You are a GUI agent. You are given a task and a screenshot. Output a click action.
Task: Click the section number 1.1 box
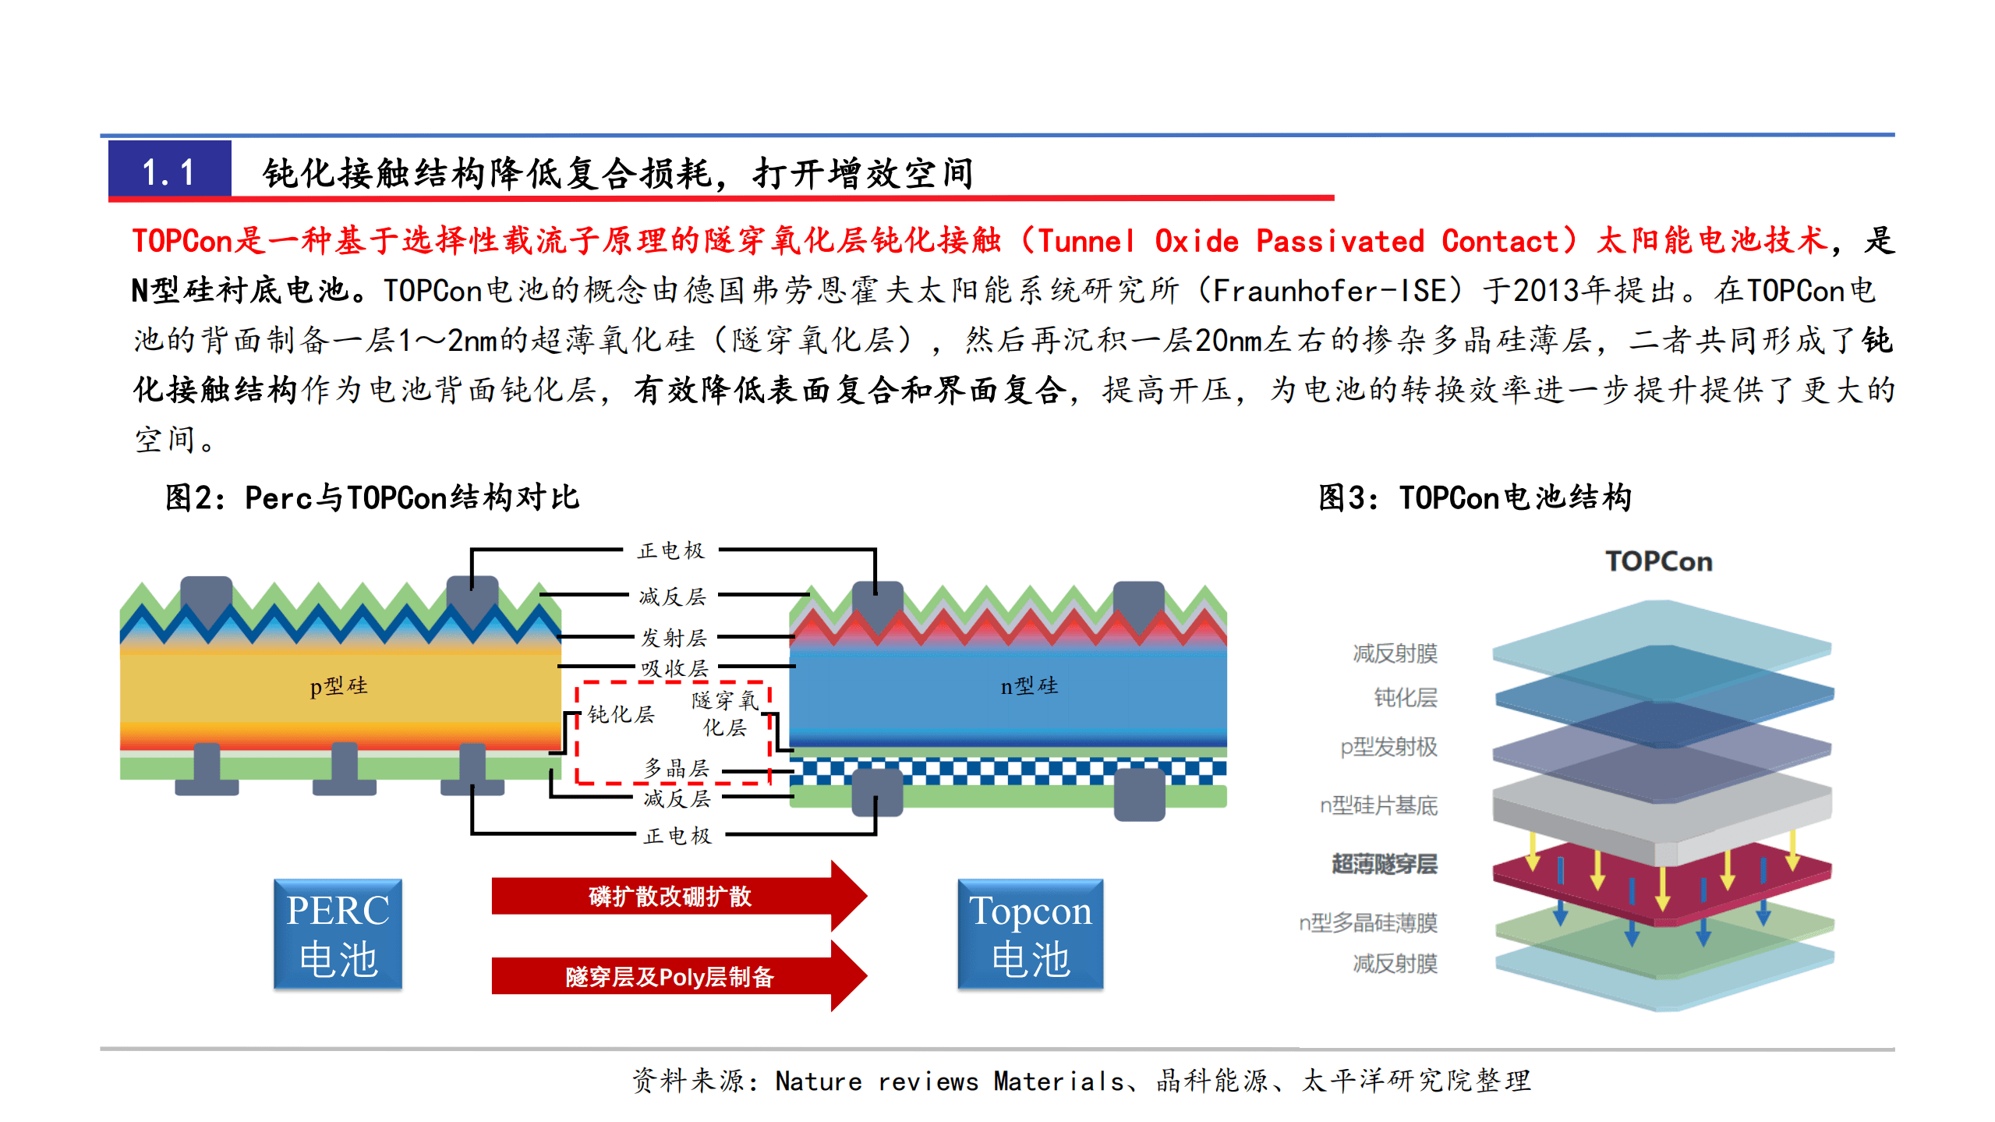[169, 171]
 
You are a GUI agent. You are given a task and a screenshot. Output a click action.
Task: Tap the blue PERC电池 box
[338, 934]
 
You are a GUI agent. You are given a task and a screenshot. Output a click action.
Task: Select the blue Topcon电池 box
[1030, 934]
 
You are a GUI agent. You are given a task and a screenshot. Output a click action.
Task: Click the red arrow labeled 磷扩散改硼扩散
[670, 897]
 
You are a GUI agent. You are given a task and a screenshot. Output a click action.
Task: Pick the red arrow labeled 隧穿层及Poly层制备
[670, 976]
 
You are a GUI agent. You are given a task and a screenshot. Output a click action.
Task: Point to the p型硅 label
[338, 686]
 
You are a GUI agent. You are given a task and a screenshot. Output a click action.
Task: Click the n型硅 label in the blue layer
[1029, 686]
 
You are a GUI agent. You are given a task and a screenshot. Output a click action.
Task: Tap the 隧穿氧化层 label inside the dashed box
[725, 713]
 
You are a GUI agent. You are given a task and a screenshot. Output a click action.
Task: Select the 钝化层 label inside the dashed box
[621, 714]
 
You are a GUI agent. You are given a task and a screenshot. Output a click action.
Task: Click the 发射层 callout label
[674, 638]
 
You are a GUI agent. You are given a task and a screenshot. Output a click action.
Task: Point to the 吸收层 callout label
[674, 668]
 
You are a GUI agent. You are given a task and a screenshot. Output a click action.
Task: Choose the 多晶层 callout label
[676, 768]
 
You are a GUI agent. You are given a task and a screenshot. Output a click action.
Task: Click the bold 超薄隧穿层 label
[1384, 864]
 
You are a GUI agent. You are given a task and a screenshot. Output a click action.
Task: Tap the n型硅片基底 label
[1378, 805]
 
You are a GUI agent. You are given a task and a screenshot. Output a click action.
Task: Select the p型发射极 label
[1388, 747]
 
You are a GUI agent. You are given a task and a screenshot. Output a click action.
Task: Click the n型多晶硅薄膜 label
[1367, 923]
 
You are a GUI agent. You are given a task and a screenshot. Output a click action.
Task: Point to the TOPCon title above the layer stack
[1659, 561]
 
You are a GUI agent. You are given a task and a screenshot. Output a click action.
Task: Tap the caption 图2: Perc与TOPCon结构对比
[373, 497]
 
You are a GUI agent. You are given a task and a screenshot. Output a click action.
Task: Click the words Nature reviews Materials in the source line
[950, 1081]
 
